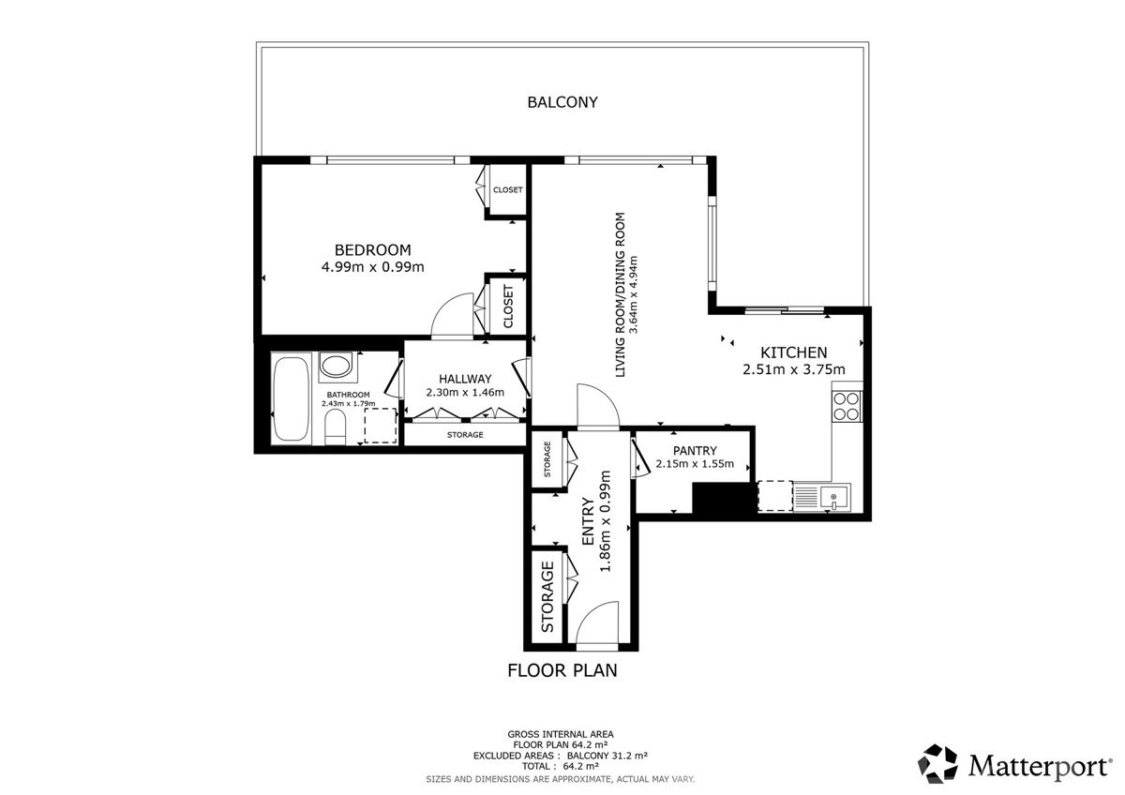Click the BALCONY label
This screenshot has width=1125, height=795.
point(562,102)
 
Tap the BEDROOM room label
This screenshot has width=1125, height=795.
point(373,249)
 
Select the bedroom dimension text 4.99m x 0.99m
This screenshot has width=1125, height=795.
point(373,266)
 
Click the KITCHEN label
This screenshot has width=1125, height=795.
point(793,352)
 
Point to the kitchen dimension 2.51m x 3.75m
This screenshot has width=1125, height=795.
point(793,369)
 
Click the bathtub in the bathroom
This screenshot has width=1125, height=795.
point(291,398)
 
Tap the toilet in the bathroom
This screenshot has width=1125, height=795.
point(336,427)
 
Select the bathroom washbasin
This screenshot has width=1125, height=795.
point(337,366)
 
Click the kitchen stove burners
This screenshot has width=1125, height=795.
point(847,406)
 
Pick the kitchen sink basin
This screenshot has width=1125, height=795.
point(835,497)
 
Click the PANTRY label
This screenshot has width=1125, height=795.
point(695,451)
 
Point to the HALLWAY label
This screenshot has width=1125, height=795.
point(465,379)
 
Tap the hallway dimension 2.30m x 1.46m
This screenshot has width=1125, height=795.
point(465,392)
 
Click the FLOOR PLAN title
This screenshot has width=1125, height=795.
point(562,670)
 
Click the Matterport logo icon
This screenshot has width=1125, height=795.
point(937,764)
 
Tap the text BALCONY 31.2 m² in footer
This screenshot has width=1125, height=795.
point(607,756)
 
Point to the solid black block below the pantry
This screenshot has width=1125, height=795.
point(724,500)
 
